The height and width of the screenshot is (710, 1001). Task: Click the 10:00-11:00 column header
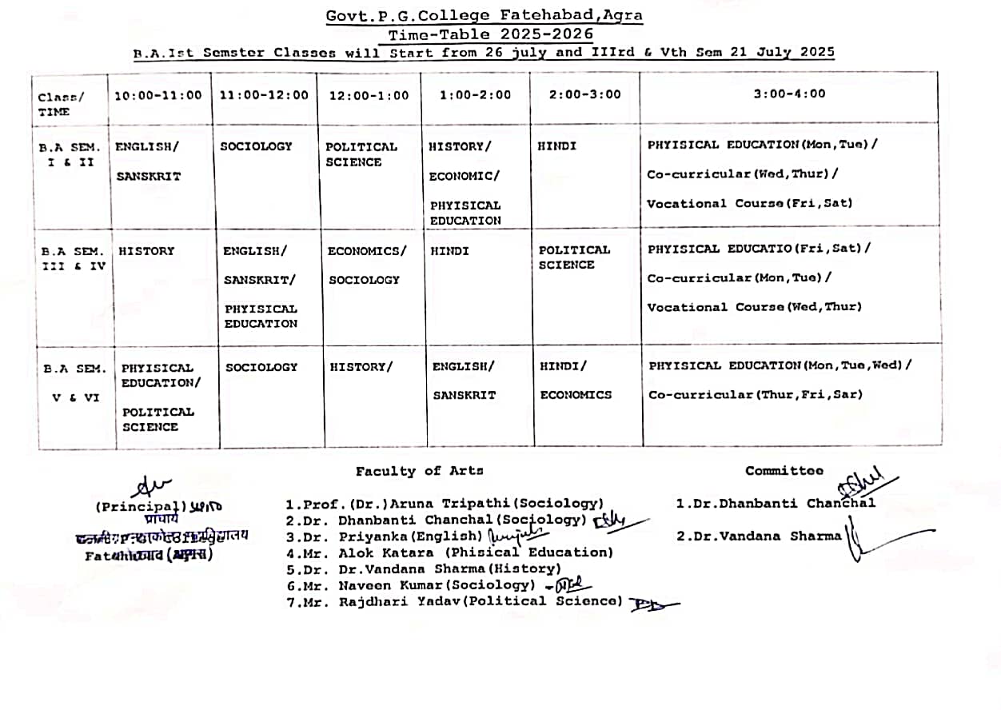coord(158,95)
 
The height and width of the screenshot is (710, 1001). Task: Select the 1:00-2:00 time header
coord(475,95)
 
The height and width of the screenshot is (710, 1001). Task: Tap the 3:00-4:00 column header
coord(789,94)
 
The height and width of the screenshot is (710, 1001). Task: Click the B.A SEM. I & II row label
coord(70,154)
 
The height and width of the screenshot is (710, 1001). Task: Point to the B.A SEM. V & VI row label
coord(74,382)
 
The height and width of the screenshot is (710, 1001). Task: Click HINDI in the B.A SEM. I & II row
coord(556,146)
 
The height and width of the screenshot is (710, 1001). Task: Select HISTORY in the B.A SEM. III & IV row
coord(146,251)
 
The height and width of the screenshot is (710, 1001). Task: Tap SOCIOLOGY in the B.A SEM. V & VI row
coord(261,367)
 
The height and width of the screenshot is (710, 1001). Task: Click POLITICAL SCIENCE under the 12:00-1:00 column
coord(361,154)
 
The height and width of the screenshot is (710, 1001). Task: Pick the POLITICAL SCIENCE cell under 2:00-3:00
coord(573,257)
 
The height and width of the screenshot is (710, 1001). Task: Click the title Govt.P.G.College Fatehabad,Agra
coord(485,15)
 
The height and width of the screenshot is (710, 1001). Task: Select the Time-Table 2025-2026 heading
coord(491,34)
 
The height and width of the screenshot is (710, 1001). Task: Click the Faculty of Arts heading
coord(420,471)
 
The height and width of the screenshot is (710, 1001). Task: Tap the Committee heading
coord(784,471)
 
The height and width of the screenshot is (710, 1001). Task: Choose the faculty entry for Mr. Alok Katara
coord(449,552)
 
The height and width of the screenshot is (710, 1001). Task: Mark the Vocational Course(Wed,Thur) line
coord(754,307)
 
